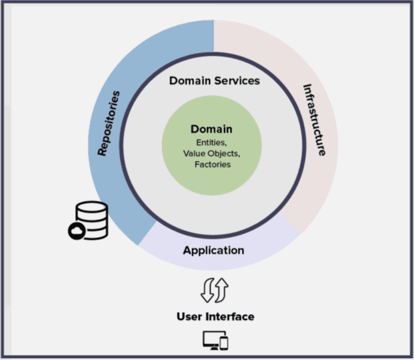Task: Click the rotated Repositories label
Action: pos(109,123)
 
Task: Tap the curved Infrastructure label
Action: pos(314,120)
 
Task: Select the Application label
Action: pos(213,250)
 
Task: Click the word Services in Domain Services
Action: pos(237,81)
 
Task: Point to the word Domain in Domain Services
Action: pos(190,81)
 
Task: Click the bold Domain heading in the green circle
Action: pos(212,129)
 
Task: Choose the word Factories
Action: pos(212,164)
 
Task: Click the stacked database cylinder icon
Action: pos(89,217)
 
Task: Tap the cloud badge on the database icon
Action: pos(76,230)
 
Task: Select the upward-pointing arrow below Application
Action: pos(222,290)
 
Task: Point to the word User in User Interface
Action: pos(190,317)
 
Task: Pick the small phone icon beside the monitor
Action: pos(224,343)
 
